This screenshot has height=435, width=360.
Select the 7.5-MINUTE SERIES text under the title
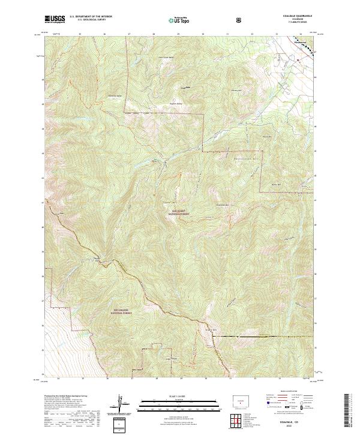300,23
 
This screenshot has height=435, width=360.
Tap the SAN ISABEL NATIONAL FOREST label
180,212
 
